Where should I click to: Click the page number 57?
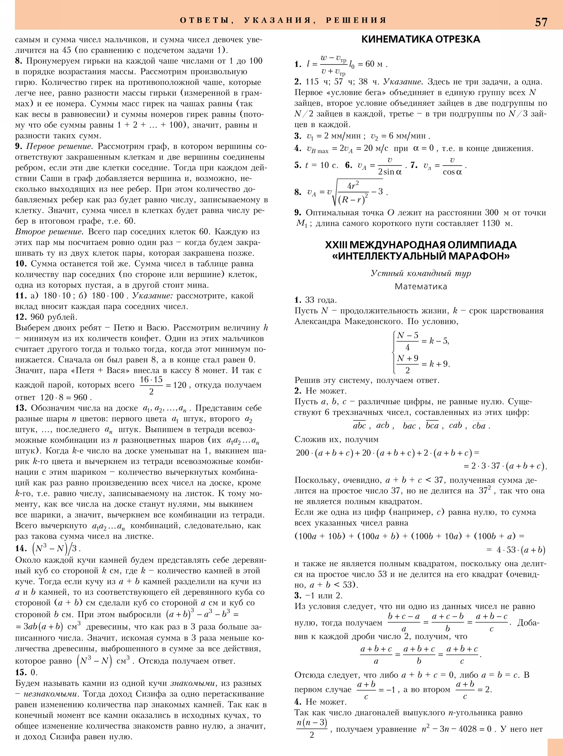coord(541,22)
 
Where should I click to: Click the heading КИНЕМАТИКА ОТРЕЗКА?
coord(421,39)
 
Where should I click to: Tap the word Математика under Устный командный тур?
coord(421,287)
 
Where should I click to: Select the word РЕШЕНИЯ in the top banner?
coord(356,20)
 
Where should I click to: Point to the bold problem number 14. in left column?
coord(21,548)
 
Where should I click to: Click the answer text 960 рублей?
coord(54,317)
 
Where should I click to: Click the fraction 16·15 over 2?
coord(151,385)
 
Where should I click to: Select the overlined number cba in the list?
coord(479,426)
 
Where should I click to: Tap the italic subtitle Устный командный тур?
coord(421,273)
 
